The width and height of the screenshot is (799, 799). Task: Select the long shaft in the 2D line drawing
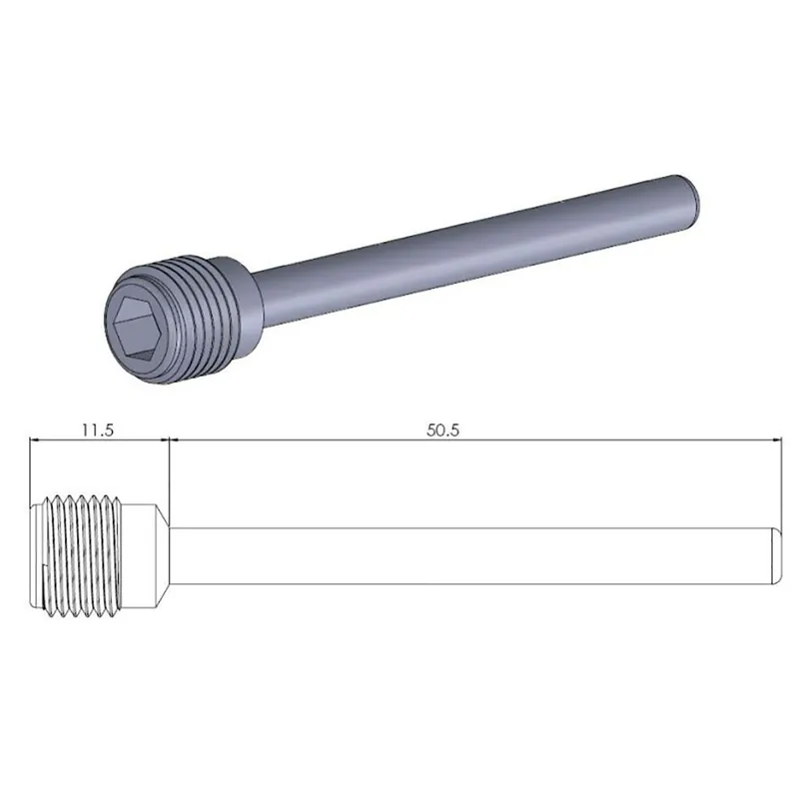tap(469, 553)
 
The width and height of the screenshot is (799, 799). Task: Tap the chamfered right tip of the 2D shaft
tap(773, 553)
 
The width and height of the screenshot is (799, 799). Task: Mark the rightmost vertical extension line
tap(777, 479)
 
